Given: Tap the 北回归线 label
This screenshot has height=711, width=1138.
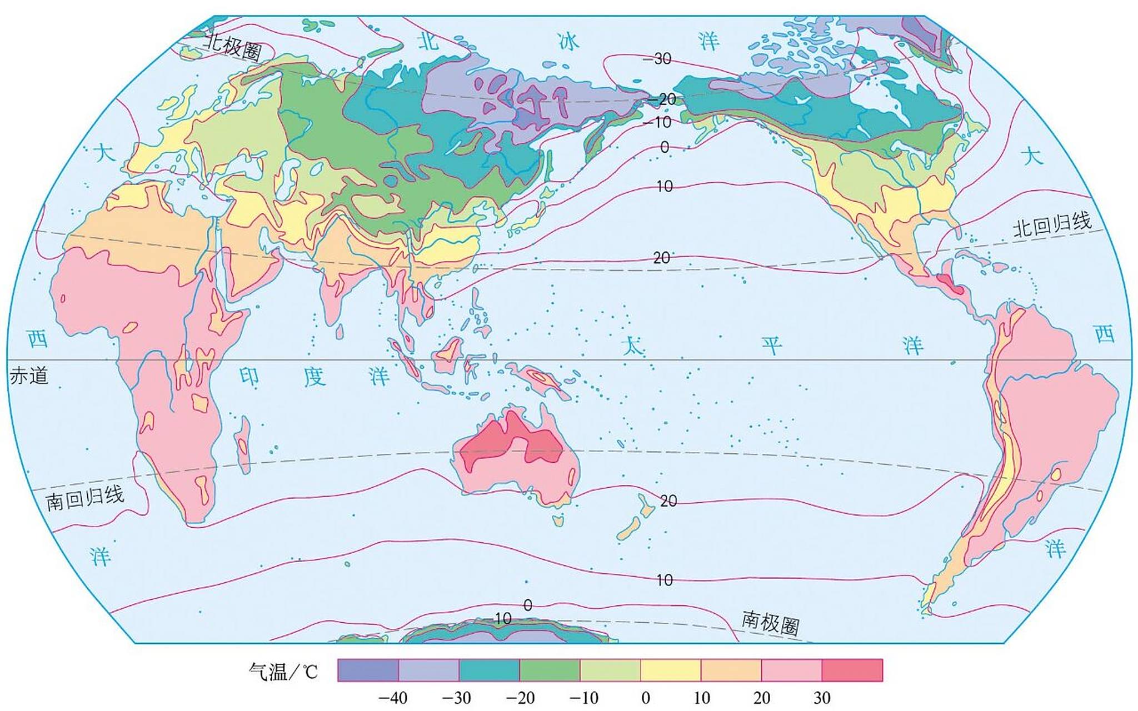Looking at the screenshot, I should tap(1052, 225).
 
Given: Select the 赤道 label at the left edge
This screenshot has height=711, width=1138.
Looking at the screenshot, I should tap(29, 376).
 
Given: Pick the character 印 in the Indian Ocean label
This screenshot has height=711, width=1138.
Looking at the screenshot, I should tap(249, 377).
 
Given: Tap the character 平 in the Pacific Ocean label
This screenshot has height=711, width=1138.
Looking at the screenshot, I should tap(772, 346).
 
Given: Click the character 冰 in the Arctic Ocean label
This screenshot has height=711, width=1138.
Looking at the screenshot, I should tap(568, 41).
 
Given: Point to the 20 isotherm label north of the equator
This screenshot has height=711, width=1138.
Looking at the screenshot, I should tap(661, 258).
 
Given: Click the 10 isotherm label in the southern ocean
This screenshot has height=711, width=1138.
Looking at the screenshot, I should tap(665, 580).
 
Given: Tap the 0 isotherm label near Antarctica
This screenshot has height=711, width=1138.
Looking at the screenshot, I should tap(528, 605).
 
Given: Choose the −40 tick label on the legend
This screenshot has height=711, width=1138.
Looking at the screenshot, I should tap(393, 698).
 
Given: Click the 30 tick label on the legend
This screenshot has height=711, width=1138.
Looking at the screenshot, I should tap(822, 698).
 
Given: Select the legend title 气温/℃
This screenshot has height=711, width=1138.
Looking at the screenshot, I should tap(283, 672).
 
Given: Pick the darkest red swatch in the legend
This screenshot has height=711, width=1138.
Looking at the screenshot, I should tap(852, 670).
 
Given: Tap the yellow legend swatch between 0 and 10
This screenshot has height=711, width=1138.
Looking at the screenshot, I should tap(670, 670).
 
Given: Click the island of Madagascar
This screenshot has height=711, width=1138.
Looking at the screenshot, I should tap(243, 444).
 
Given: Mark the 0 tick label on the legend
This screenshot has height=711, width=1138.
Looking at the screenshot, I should tap(646, 698).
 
